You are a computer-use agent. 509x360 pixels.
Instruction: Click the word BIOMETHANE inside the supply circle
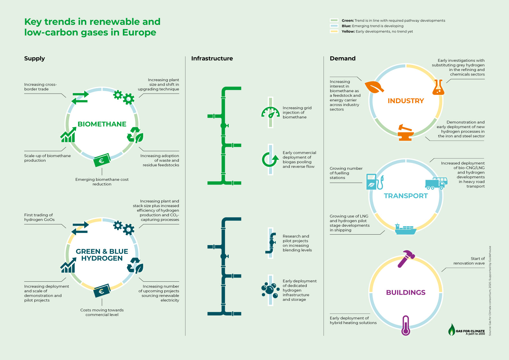[x=102, y=124]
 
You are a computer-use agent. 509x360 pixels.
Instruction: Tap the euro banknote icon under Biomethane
[x=102, y=160]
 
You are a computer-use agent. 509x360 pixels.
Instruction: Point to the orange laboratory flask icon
[x=438, y=87]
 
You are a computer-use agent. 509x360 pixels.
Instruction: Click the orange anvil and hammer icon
[x=406, y=133]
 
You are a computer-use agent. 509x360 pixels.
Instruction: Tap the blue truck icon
[x=436, y=183]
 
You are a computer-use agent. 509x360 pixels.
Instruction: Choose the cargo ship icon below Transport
[x=406, y=229]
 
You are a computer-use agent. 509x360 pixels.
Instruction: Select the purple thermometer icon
[x=406, y=325]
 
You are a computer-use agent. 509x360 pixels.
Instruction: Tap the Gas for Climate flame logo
[x=451, y=330]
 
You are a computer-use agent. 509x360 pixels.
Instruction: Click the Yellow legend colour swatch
[x=334, y=32]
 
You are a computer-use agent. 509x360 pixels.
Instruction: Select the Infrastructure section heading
[x=212, y=59]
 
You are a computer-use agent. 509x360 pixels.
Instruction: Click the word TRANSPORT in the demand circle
[x=406, y=196]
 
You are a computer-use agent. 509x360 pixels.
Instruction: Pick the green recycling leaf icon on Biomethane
[x=135, y=135]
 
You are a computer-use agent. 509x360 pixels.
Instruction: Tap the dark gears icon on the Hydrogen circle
[x=124, y=228]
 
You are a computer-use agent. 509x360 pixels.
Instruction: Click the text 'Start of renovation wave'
[x=469, y=261]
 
